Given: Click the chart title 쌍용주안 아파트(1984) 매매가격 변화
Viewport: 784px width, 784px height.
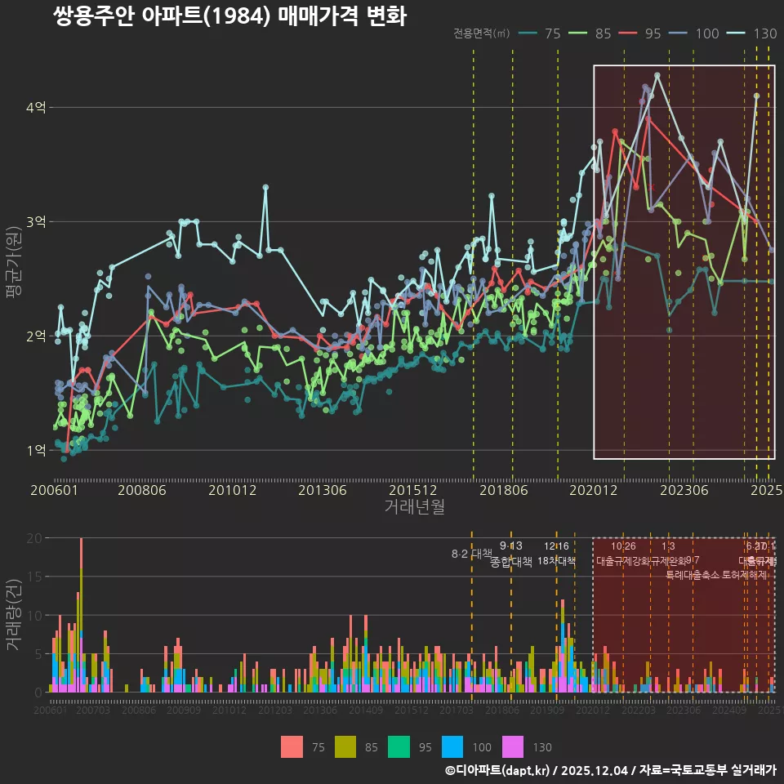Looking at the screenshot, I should pos(229,16).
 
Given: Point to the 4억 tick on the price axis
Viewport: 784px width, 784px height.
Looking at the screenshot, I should pos(36,108).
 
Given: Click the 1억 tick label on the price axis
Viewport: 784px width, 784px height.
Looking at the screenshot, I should pos(36,451).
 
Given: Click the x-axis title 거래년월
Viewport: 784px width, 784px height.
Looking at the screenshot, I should pos(415,506).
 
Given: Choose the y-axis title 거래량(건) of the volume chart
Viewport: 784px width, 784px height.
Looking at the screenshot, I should pos(13,615).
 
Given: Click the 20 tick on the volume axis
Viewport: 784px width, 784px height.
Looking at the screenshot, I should pos(33,538).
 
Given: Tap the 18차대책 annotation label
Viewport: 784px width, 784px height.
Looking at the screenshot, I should pos(556,561).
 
